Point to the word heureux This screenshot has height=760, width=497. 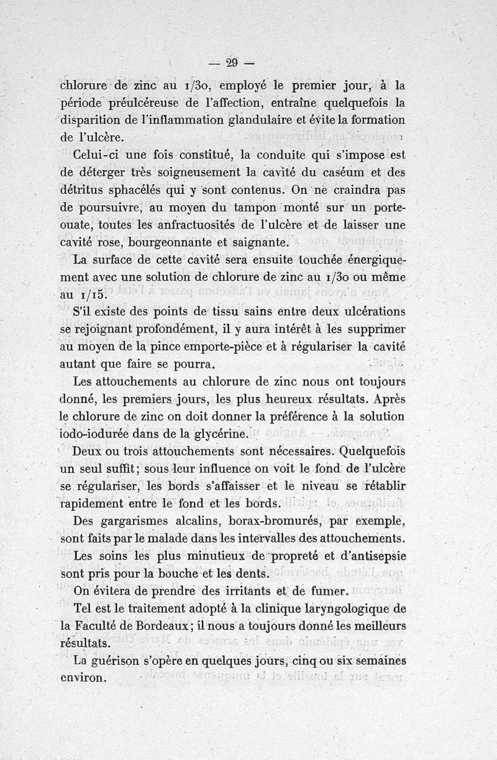326,398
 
